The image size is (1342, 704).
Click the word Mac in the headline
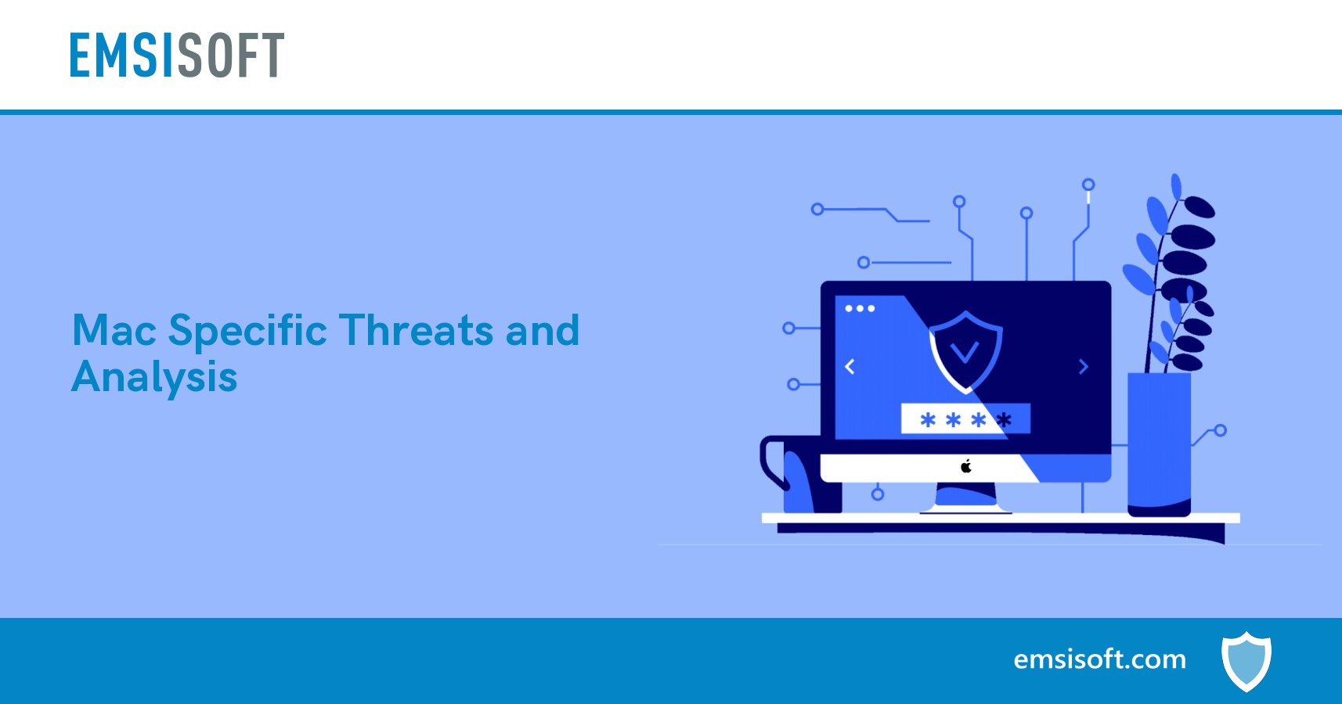click(114, 330)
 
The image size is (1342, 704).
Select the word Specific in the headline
click(247, 332)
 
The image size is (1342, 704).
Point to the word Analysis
click(154, 379)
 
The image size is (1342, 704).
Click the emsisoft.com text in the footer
click(1099, 659)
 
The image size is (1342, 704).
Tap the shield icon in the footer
click(1246, 661)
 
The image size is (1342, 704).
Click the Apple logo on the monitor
click(966, 467)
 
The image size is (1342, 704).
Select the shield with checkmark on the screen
click(965, 350)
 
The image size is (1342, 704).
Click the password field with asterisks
click(965, 419)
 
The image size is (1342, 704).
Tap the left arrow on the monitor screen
click(850, 366)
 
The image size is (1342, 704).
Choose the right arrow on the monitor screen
click(1084, 366)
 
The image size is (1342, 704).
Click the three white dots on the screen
click(860, 308)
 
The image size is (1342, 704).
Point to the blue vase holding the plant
click(1159, 442)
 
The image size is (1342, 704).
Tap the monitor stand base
click(965, 508)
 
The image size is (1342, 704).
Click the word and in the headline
click(542, 330)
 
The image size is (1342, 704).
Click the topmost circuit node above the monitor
click(1088, 185)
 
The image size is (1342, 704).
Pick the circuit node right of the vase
click(1220, 430)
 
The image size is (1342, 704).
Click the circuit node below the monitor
click(878, 494)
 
